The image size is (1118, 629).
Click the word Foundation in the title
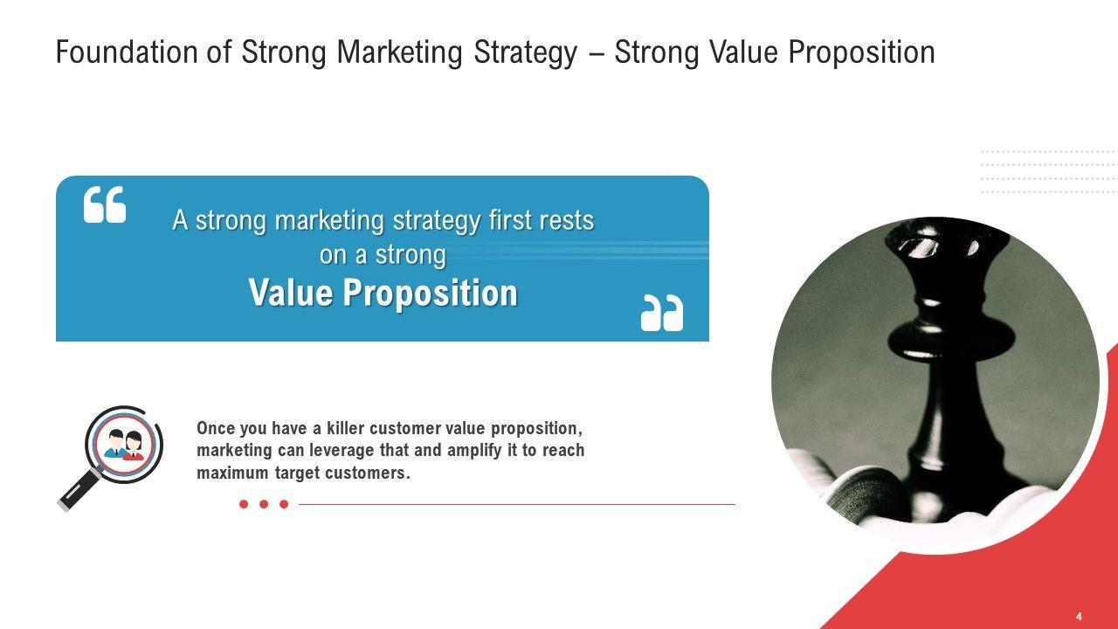click(x=127, y=52)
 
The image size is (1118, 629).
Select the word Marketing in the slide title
click(x=400, y=52)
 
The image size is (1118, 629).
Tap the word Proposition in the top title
click(x=861, y=52)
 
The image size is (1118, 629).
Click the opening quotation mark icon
click(x=105, y=204)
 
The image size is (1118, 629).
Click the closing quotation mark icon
click(x=662, y=313)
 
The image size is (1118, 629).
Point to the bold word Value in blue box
click(x=291, y=293)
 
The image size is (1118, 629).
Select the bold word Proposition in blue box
click(x=431, y=294)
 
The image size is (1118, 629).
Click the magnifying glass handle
click(x=79, y=491)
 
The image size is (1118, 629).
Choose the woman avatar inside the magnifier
click(x=134, y=446)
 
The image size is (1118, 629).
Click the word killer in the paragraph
click(x=345, y=428)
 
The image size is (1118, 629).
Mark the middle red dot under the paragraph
click(x=264, y=504)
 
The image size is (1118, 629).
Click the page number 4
click(x=1079, y=617)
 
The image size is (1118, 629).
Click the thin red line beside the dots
click(x=517, y=504)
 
